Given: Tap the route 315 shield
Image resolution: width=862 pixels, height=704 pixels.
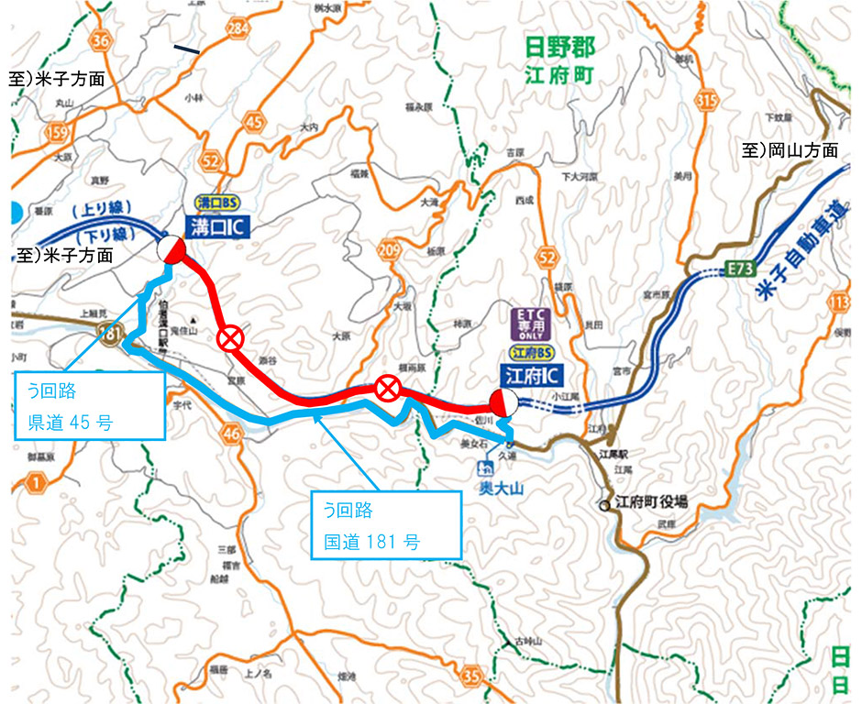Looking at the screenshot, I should tap(733, 99).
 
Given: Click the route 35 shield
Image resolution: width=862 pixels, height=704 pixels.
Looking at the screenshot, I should tap(472, 677).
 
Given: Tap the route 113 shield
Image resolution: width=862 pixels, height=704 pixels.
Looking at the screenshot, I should tap(836, 302).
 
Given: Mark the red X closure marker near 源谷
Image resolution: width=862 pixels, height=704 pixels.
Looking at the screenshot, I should tap(230, 339).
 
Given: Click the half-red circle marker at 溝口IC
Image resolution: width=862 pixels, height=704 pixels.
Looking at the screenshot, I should tap(171, 249).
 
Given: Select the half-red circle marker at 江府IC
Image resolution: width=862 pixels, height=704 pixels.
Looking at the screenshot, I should tap(503, 401).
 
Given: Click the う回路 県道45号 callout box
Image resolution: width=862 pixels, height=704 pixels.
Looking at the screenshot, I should tap(90, 407).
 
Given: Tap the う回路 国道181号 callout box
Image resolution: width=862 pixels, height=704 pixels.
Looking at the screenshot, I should tap(384, 523).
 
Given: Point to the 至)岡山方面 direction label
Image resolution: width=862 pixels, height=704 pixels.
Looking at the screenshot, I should tap(790, 149).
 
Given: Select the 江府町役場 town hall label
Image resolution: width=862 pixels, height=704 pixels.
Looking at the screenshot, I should tap(651, 502).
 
